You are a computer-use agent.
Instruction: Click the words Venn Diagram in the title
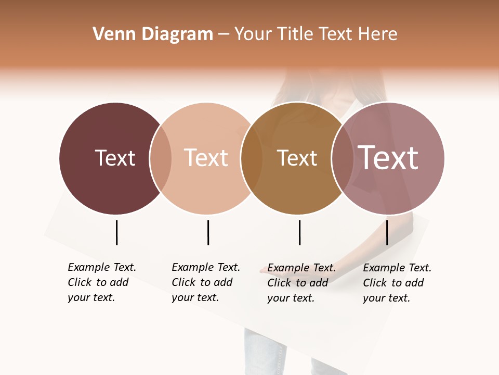(153, 34)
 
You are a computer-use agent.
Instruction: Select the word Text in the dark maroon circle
(115, 158)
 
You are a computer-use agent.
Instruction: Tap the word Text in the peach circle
(206, 158)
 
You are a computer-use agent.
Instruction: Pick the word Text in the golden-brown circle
(297, 158)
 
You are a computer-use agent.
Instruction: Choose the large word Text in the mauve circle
(388, 158)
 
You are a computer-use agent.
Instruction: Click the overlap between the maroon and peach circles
(161, 158)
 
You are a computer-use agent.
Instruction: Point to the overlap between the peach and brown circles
(252, 158)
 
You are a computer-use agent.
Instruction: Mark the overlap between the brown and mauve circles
(343, 158)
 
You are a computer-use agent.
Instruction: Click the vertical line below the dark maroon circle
(116, 232)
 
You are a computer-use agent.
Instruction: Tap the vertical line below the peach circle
(208, 232)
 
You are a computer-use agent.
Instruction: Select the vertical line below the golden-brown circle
(299, 232)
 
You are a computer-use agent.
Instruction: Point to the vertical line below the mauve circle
(387, 232)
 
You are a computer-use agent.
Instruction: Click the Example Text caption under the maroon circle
(101, 282)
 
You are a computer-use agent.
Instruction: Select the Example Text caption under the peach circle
(205, 282)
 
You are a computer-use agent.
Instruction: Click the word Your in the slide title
(253, 34)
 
